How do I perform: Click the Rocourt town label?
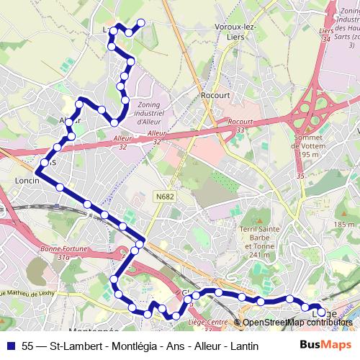click(215, 95)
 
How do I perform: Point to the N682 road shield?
click(165, 194)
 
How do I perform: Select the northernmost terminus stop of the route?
click(141, 22)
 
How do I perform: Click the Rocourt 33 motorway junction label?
click(240, 126)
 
